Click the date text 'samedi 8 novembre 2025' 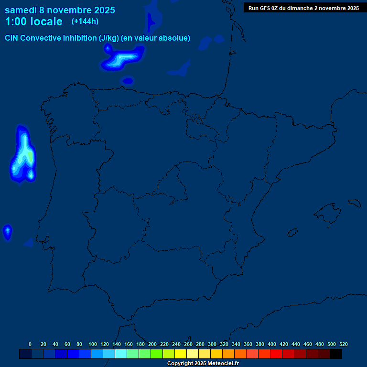[60, 10]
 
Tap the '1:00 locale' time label [33, 22]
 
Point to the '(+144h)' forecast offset [85, 22]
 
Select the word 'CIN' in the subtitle [12, 38]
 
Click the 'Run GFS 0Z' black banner [303, 8]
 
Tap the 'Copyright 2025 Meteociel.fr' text [203, 363]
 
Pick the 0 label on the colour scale [30, 344]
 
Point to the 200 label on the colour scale [152, 344]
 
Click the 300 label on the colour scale [212, 344]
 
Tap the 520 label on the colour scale [343, 344]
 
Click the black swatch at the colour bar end [336, 354]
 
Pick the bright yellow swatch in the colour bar [181, 354]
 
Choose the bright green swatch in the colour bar [157, 354]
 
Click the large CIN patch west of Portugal [22, 155]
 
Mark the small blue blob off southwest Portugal [7, 232]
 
